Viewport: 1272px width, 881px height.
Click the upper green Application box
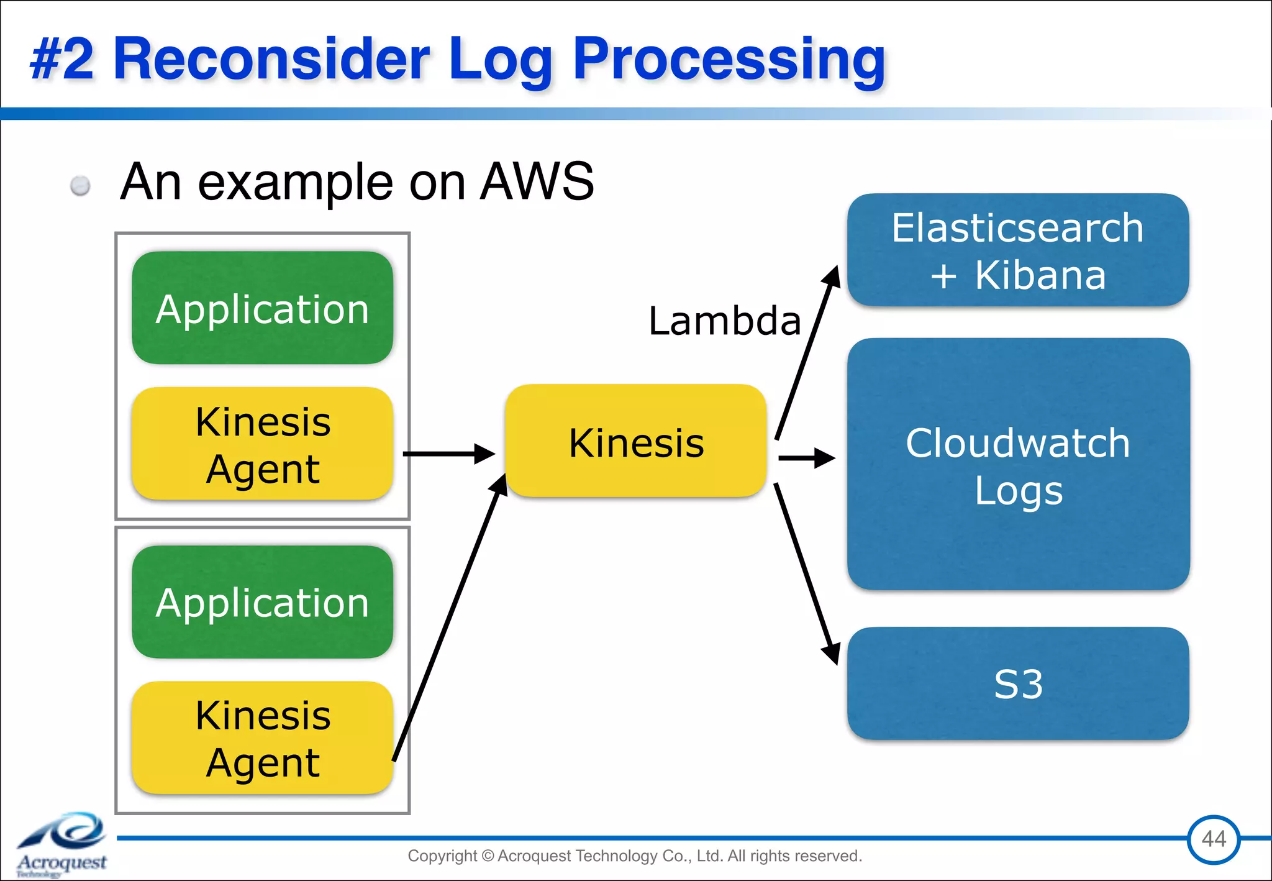pyautogui.click(x=262, y=308)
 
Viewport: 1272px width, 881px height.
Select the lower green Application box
pyautogui.click(x=262, y=601)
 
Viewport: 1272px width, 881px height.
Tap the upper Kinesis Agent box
pyautogui.click(x=262, y=444)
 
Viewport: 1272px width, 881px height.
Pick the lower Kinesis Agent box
pyautogui.click(x=262, y=737)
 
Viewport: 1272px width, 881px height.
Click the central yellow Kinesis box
pyautogui.click(x=636, y=441)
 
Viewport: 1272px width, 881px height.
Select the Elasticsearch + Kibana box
pyautogui.click(x=1017, y=250)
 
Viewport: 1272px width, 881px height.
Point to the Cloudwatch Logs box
pyautogui.click(x=1017, y=464)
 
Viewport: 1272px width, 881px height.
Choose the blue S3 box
pyautogui.click(x=1017, y=683)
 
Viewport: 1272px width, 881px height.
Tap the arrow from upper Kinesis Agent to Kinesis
pyautogui.click(x=447, y=454)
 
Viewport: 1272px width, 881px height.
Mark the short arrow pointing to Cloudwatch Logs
pyautogui.click(x=806, y=459)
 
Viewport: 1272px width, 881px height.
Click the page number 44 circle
pyautogui.click(x=1213, y=839)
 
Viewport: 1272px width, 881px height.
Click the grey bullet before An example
pyautogui.click(x=80, y=185)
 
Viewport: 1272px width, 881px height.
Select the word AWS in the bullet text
pyautogui.click(x=537, y=181)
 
